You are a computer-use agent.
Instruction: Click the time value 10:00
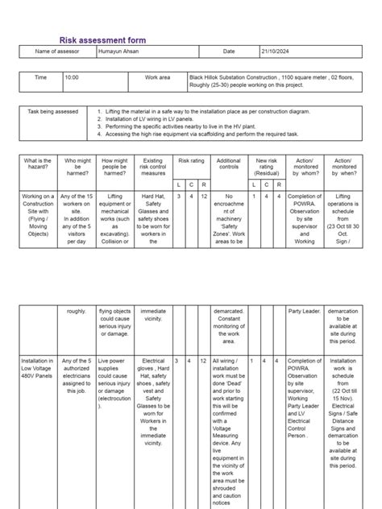pos(73,78)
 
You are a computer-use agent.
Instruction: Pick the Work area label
pos(158,78)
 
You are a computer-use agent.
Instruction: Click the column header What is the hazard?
pos(38,166)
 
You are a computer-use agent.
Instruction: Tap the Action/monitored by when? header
pos(343,166)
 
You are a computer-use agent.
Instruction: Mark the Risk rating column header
pos(190,161)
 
